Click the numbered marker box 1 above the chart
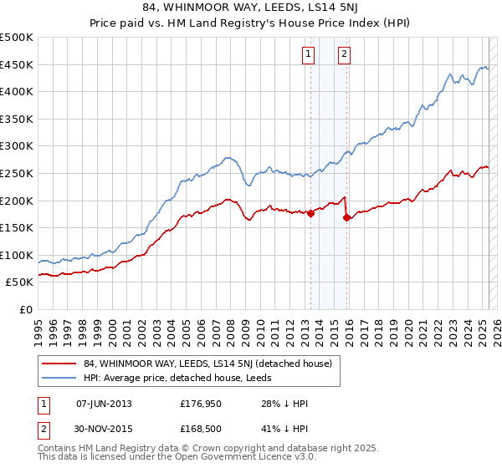(308, 55)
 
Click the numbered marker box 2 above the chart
(344, 55)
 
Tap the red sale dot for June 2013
(310, 213)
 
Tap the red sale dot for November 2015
(347, 217)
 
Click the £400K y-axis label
(18, 91)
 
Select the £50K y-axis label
(20, 282)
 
